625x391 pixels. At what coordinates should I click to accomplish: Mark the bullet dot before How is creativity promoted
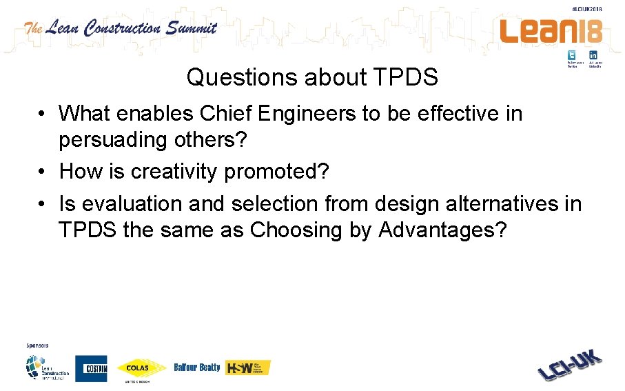pos(43,171)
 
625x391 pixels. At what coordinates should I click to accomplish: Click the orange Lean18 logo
pos(551,30)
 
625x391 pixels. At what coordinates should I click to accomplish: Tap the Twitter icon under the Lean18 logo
pos(572,55)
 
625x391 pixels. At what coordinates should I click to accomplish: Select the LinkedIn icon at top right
pos(593,55)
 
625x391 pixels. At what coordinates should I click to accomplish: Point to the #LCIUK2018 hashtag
pos(587,8)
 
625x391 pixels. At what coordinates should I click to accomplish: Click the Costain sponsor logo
pos(91,368)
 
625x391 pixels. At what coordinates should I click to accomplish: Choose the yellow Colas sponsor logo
pos(141,368)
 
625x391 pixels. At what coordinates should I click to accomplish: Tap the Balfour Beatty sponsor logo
pos(197,368)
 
